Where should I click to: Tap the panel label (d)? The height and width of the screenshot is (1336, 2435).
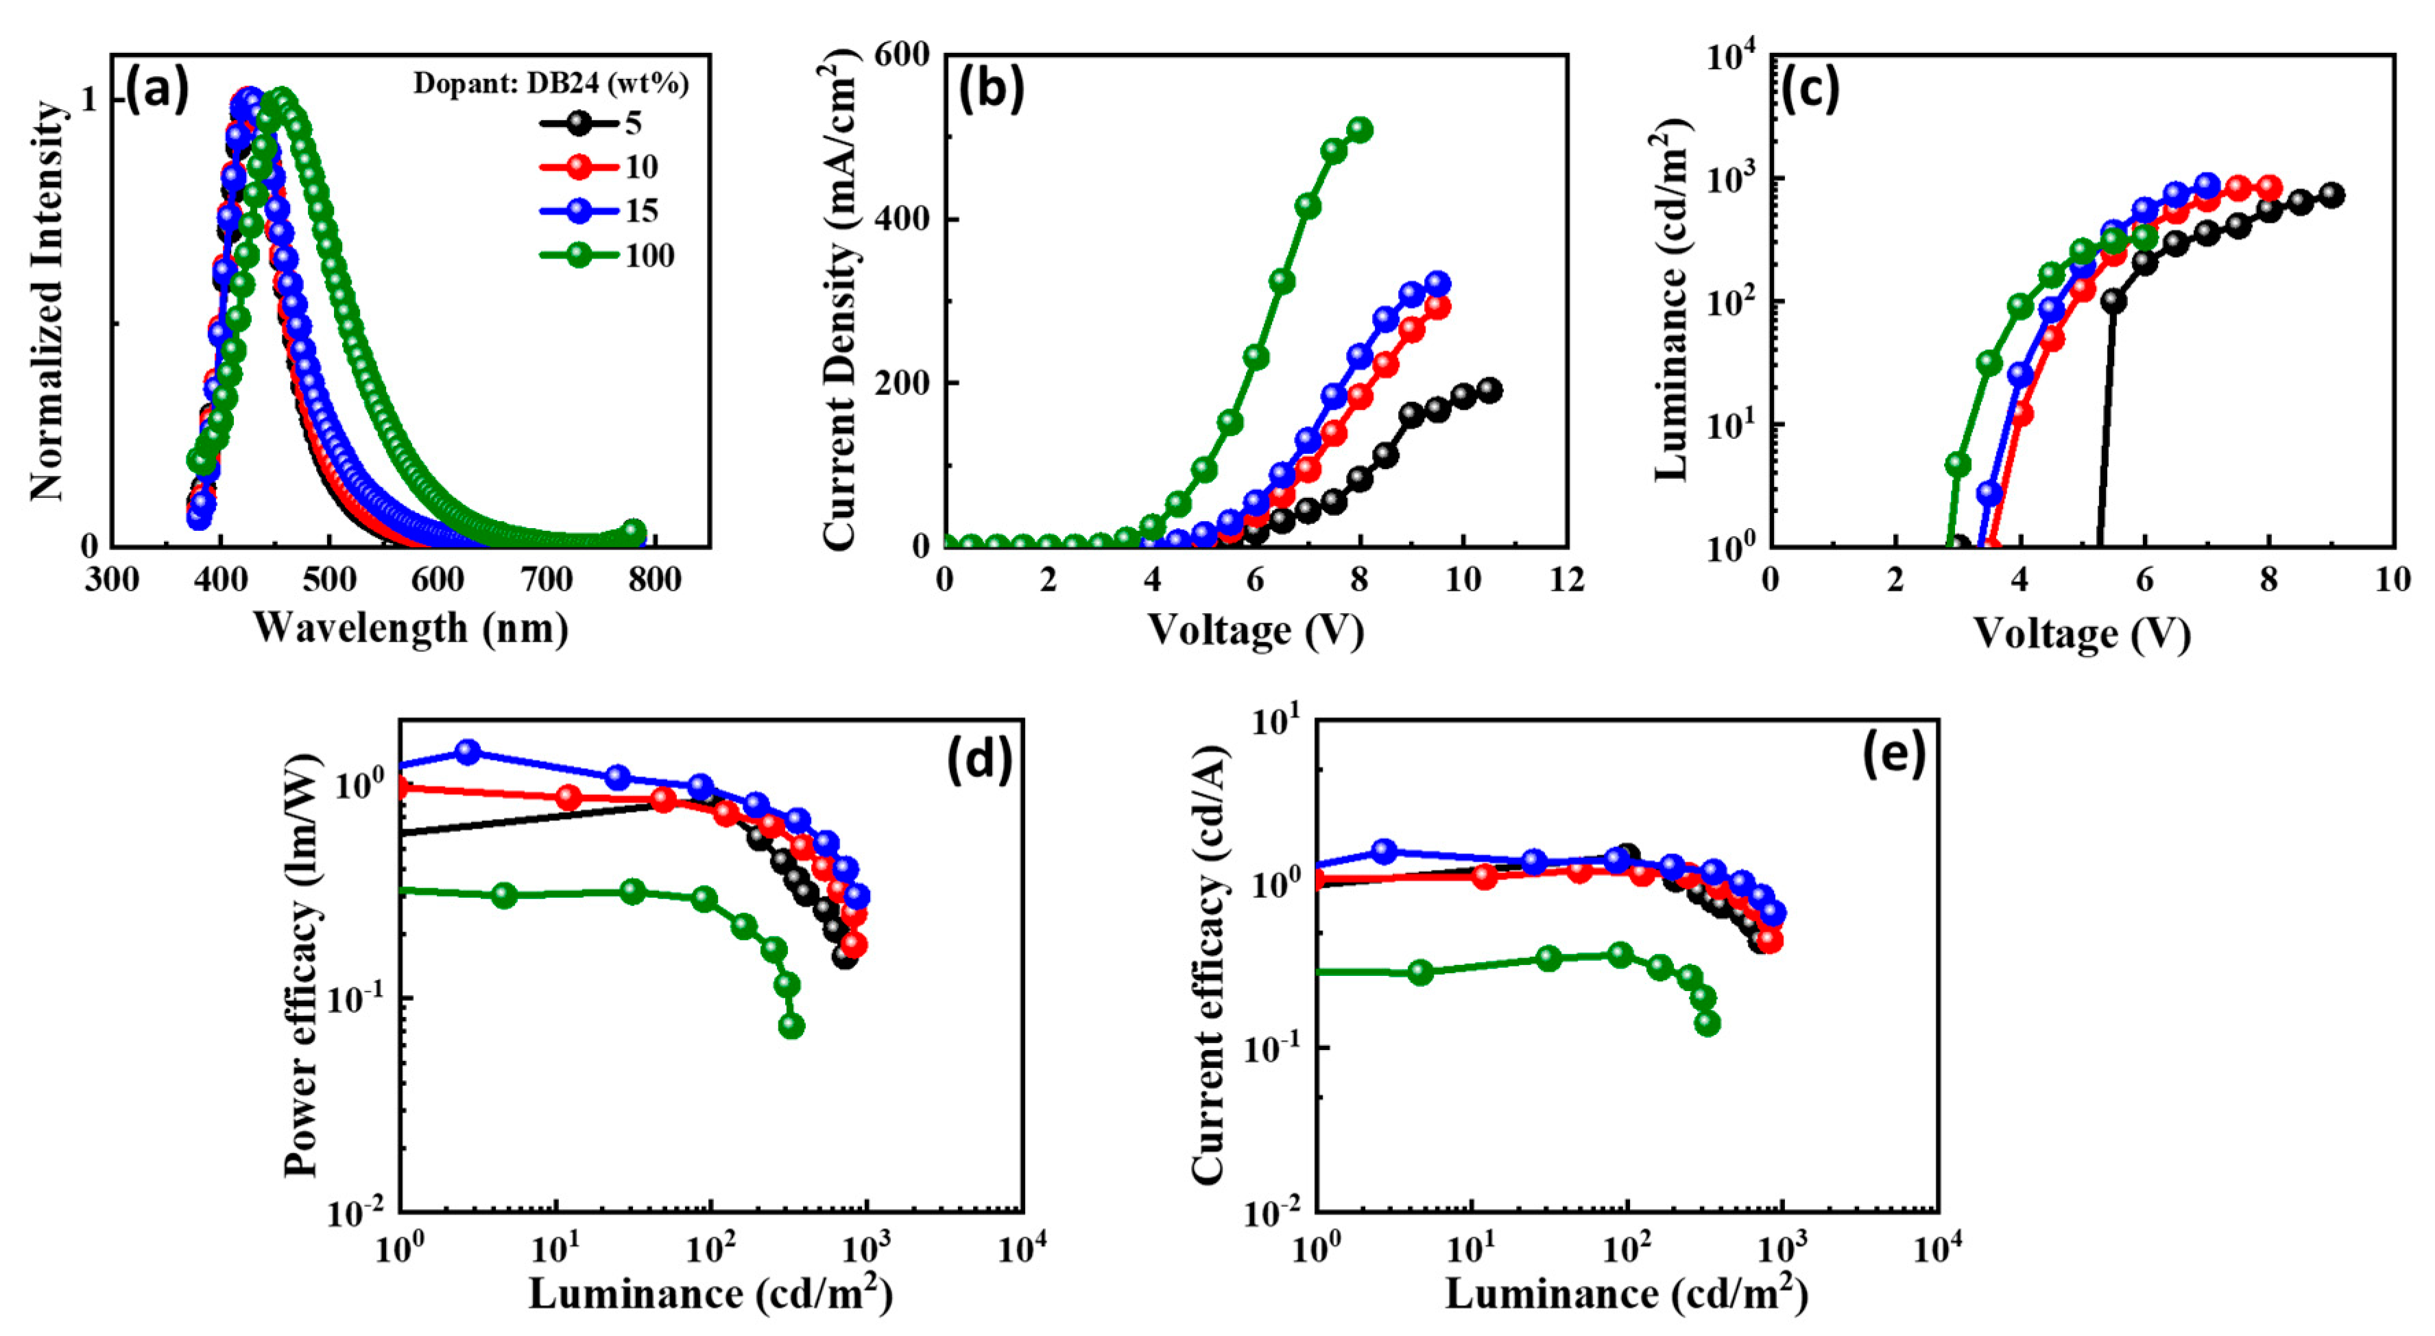tap(979, 757)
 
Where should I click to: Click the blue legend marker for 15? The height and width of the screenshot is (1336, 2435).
tap(579, 211)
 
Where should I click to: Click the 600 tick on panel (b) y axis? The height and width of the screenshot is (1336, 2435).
tap(902, 55)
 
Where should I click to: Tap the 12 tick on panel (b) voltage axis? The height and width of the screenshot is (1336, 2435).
tap(1566, 580)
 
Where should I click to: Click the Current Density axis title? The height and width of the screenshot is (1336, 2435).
tap(839, 302)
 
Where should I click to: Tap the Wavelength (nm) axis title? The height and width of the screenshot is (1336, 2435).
tap(410, 627)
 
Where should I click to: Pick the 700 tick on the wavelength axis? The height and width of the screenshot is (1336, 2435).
tap(547, 580)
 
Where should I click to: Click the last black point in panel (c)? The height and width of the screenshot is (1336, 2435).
tap(2332, 195)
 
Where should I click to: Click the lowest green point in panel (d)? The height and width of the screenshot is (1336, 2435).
tap(791, 1026)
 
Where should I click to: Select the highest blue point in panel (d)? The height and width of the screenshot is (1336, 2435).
tap(467, 752)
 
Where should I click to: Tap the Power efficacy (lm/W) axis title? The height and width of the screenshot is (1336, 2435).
tap(302, 964)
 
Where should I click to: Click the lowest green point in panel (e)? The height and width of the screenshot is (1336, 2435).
tap(1707, 1023)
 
